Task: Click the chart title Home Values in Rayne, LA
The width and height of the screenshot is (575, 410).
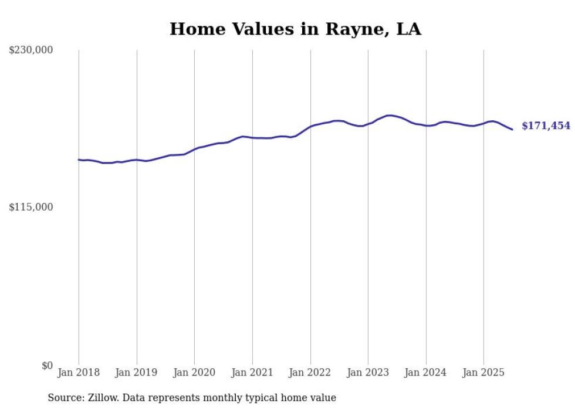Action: tap(295, 29)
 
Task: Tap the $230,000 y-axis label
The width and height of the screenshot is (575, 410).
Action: tap(31, 50)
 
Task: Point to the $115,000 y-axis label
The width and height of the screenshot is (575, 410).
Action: tap(31, 207)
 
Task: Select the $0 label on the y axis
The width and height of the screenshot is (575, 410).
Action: tap(47, 365)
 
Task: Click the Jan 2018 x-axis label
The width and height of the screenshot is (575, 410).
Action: tap(79, 372)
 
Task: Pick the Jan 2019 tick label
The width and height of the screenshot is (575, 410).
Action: tap(137, 372)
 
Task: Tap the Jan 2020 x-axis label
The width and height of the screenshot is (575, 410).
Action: tap(194, 372)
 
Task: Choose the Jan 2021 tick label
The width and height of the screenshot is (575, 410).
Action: tap(252, 372)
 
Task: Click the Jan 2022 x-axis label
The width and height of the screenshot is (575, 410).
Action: tap(310, 372)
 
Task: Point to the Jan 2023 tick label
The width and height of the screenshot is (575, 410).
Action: tap(368, 372)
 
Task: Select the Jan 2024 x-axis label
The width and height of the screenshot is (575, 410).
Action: tap(426, 372)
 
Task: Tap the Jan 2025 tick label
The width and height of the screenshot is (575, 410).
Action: tap(483, 372)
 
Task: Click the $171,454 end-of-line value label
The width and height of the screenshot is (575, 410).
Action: tap(546, 126)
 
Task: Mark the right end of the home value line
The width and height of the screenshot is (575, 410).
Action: tap(512, 129)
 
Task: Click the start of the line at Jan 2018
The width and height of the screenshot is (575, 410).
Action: tap(79, 160)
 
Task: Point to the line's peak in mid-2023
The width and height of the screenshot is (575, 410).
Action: tap(389, 116)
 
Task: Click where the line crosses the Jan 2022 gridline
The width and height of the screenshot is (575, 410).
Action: tap(310, 126)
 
